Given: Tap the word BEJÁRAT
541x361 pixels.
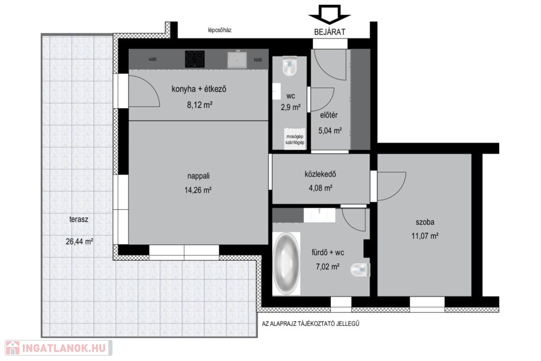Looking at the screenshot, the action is tap(330, 32).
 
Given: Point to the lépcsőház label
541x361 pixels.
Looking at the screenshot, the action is tap(219, 30).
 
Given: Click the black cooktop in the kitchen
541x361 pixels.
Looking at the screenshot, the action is tap(195, 59).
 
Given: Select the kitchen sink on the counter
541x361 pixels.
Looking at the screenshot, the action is tap(237, 60).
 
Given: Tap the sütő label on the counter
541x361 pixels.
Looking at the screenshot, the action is tap(153, 59).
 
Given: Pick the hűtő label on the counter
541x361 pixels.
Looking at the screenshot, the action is tap(258, 60).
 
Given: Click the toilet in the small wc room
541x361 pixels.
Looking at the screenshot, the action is tap(290, 66).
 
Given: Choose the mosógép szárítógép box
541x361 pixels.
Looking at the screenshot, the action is tap(295, 139).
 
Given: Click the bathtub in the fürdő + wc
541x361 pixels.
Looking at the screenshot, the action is tap(286, 264).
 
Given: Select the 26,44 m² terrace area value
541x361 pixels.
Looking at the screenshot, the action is tap(79, 241).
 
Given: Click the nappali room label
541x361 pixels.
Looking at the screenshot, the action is tap(199, 176).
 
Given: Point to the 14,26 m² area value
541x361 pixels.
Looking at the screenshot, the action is tap(198, 189).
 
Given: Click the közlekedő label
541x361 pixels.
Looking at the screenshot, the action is tap(321, 174).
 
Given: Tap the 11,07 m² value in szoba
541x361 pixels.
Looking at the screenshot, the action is tap(425, 236).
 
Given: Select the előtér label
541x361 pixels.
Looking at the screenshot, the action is tap(329, 115).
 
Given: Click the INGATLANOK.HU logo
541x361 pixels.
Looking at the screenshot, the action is tap(58, 348).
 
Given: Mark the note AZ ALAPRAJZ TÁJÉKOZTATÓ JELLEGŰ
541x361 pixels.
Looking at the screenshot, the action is tap(311, 324).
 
